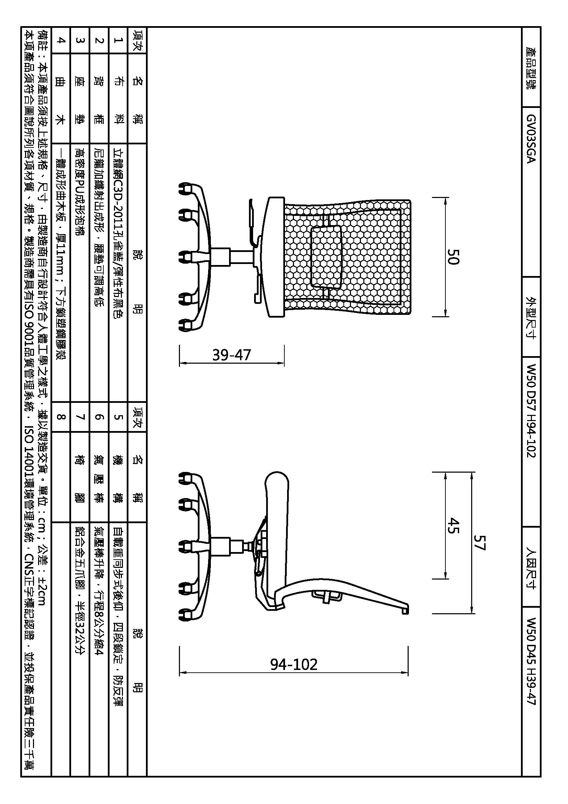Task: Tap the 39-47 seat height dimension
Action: point(231,355)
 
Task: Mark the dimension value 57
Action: point(480,542)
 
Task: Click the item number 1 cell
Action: point(119,40)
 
